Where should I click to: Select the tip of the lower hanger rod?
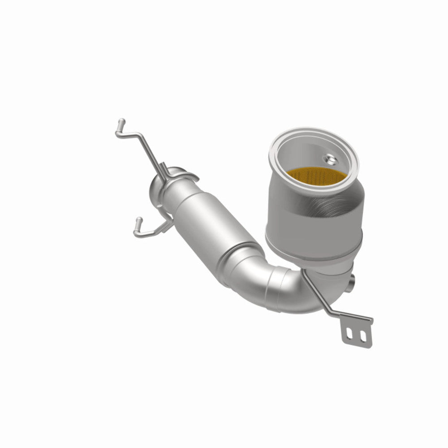pyautogui.click(x=139, y=220)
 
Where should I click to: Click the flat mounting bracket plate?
pyautogui.click(x=357, y=332)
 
